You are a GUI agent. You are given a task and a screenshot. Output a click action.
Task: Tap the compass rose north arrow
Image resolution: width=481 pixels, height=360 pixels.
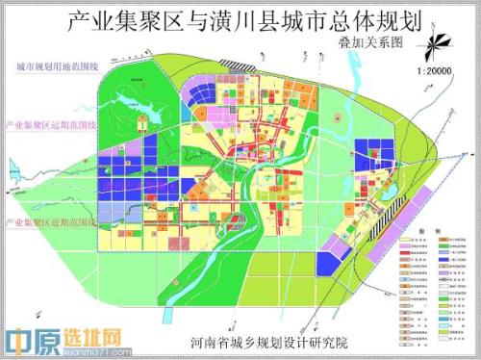pos(437,42)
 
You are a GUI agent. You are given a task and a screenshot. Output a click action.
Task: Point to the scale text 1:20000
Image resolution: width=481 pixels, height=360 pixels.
pos(437,70)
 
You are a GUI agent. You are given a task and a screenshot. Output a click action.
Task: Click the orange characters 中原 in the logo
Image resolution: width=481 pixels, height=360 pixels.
pos(30,340)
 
